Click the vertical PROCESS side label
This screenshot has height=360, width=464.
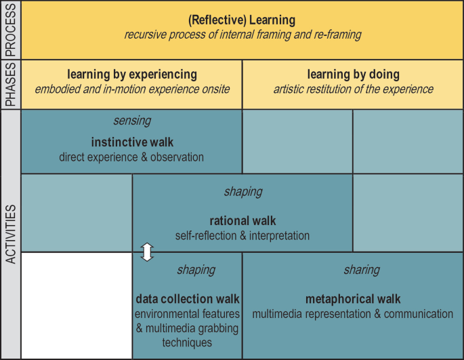point(11,30)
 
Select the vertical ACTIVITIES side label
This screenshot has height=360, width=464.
point(11,233)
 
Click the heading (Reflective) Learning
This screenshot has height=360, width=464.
point(242,20)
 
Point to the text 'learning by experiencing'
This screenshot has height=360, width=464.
point(132,74)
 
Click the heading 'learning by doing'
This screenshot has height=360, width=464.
point(353,74)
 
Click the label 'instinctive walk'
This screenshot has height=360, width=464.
point(132,143)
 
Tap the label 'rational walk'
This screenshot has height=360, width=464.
point(242,221)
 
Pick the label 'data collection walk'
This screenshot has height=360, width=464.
point(188,299)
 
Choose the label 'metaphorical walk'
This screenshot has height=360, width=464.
point(353,299)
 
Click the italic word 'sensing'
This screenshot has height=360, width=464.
point(132,121)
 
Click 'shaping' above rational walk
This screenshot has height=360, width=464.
point(242,192)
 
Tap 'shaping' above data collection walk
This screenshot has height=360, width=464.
point(196,270)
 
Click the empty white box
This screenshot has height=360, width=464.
point(77,305)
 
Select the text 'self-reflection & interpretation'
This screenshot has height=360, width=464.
point(242,236)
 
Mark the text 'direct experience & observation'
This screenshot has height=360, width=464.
point(132,157)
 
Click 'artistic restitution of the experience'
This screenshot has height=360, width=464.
point(353,89)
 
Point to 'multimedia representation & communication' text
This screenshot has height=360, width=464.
point(353,314)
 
